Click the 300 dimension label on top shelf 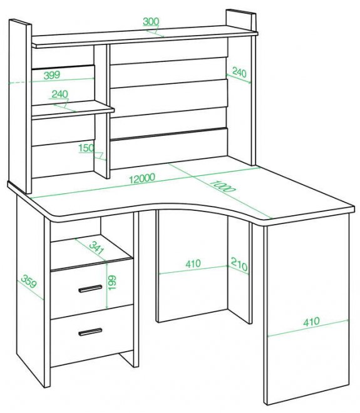(151, 22)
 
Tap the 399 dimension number (52, 75)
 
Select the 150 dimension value (86, 148)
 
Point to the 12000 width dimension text (142, 178)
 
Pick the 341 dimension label (96, 248)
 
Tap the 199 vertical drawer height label (112, 283)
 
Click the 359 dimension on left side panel (29, 282)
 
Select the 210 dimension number (239, 264)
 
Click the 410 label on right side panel (311, 322)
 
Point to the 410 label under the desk (193, 263)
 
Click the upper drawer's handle (90, 288)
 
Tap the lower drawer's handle (90, 332)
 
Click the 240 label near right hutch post (239, 73)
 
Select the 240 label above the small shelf (60, 94)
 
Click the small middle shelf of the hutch (73, 109)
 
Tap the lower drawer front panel (91, 335)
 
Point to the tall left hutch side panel (20, 106)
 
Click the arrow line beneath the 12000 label (145, 183)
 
